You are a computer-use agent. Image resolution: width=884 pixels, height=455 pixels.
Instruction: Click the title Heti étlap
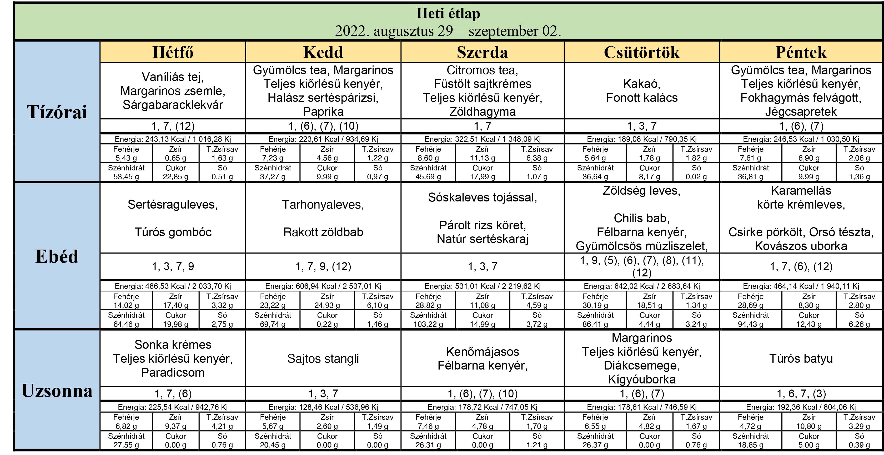(448, 14)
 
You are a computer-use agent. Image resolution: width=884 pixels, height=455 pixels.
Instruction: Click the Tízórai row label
(57, 112)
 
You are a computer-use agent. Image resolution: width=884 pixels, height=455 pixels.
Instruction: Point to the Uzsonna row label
(57, 391)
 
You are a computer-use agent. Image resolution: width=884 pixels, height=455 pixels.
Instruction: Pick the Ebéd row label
(57, 256)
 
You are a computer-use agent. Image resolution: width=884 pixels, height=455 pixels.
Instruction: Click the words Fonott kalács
(642, 98)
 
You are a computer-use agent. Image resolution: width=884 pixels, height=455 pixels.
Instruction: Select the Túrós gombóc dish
(173, 232)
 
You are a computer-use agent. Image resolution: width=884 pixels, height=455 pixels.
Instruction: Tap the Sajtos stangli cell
(323, 358)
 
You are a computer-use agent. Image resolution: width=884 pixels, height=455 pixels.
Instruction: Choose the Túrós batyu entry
(801, 358)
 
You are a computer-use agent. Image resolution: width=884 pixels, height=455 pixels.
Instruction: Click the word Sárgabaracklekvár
(173, 105)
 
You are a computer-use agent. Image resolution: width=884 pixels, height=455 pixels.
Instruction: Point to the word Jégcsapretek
(801, 112)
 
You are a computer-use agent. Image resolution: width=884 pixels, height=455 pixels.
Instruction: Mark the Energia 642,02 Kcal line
(642, 286)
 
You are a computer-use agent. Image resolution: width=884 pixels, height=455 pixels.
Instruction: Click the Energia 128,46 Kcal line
(323, 407)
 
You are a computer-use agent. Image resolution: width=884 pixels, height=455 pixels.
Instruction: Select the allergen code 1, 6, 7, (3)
(801, 393)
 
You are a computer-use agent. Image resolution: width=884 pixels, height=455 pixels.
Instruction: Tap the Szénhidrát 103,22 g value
(428, 324)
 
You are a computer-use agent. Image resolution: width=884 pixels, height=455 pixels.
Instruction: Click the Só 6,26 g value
(859, 324)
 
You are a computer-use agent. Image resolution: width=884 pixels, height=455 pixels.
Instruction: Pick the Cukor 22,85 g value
(175, 177)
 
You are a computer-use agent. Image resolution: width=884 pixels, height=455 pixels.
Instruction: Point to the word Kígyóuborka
(642, 379)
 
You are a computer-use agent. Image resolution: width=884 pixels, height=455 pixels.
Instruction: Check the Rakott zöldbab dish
(323, 232)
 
